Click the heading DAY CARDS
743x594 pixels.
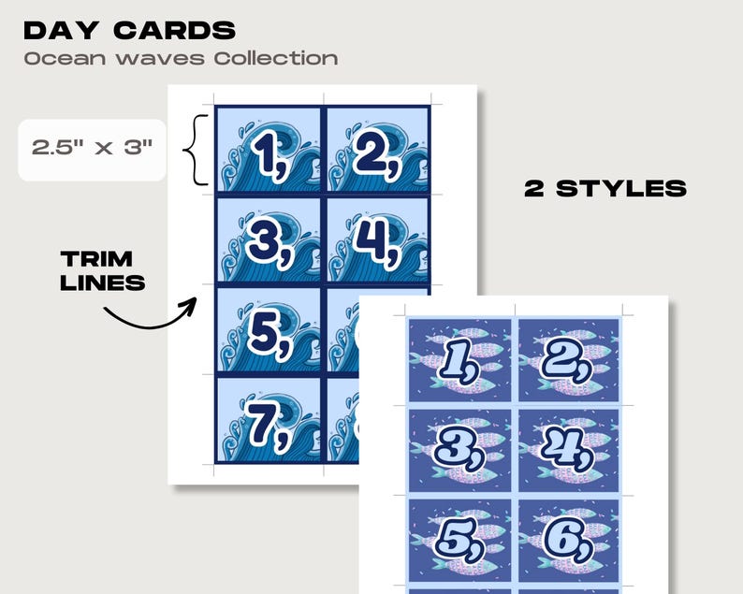129,30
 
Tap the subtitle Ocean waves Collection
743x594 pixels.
181,58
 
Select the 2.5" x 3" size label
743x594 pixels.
92,148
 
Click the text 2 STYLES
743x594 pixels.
605,188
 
